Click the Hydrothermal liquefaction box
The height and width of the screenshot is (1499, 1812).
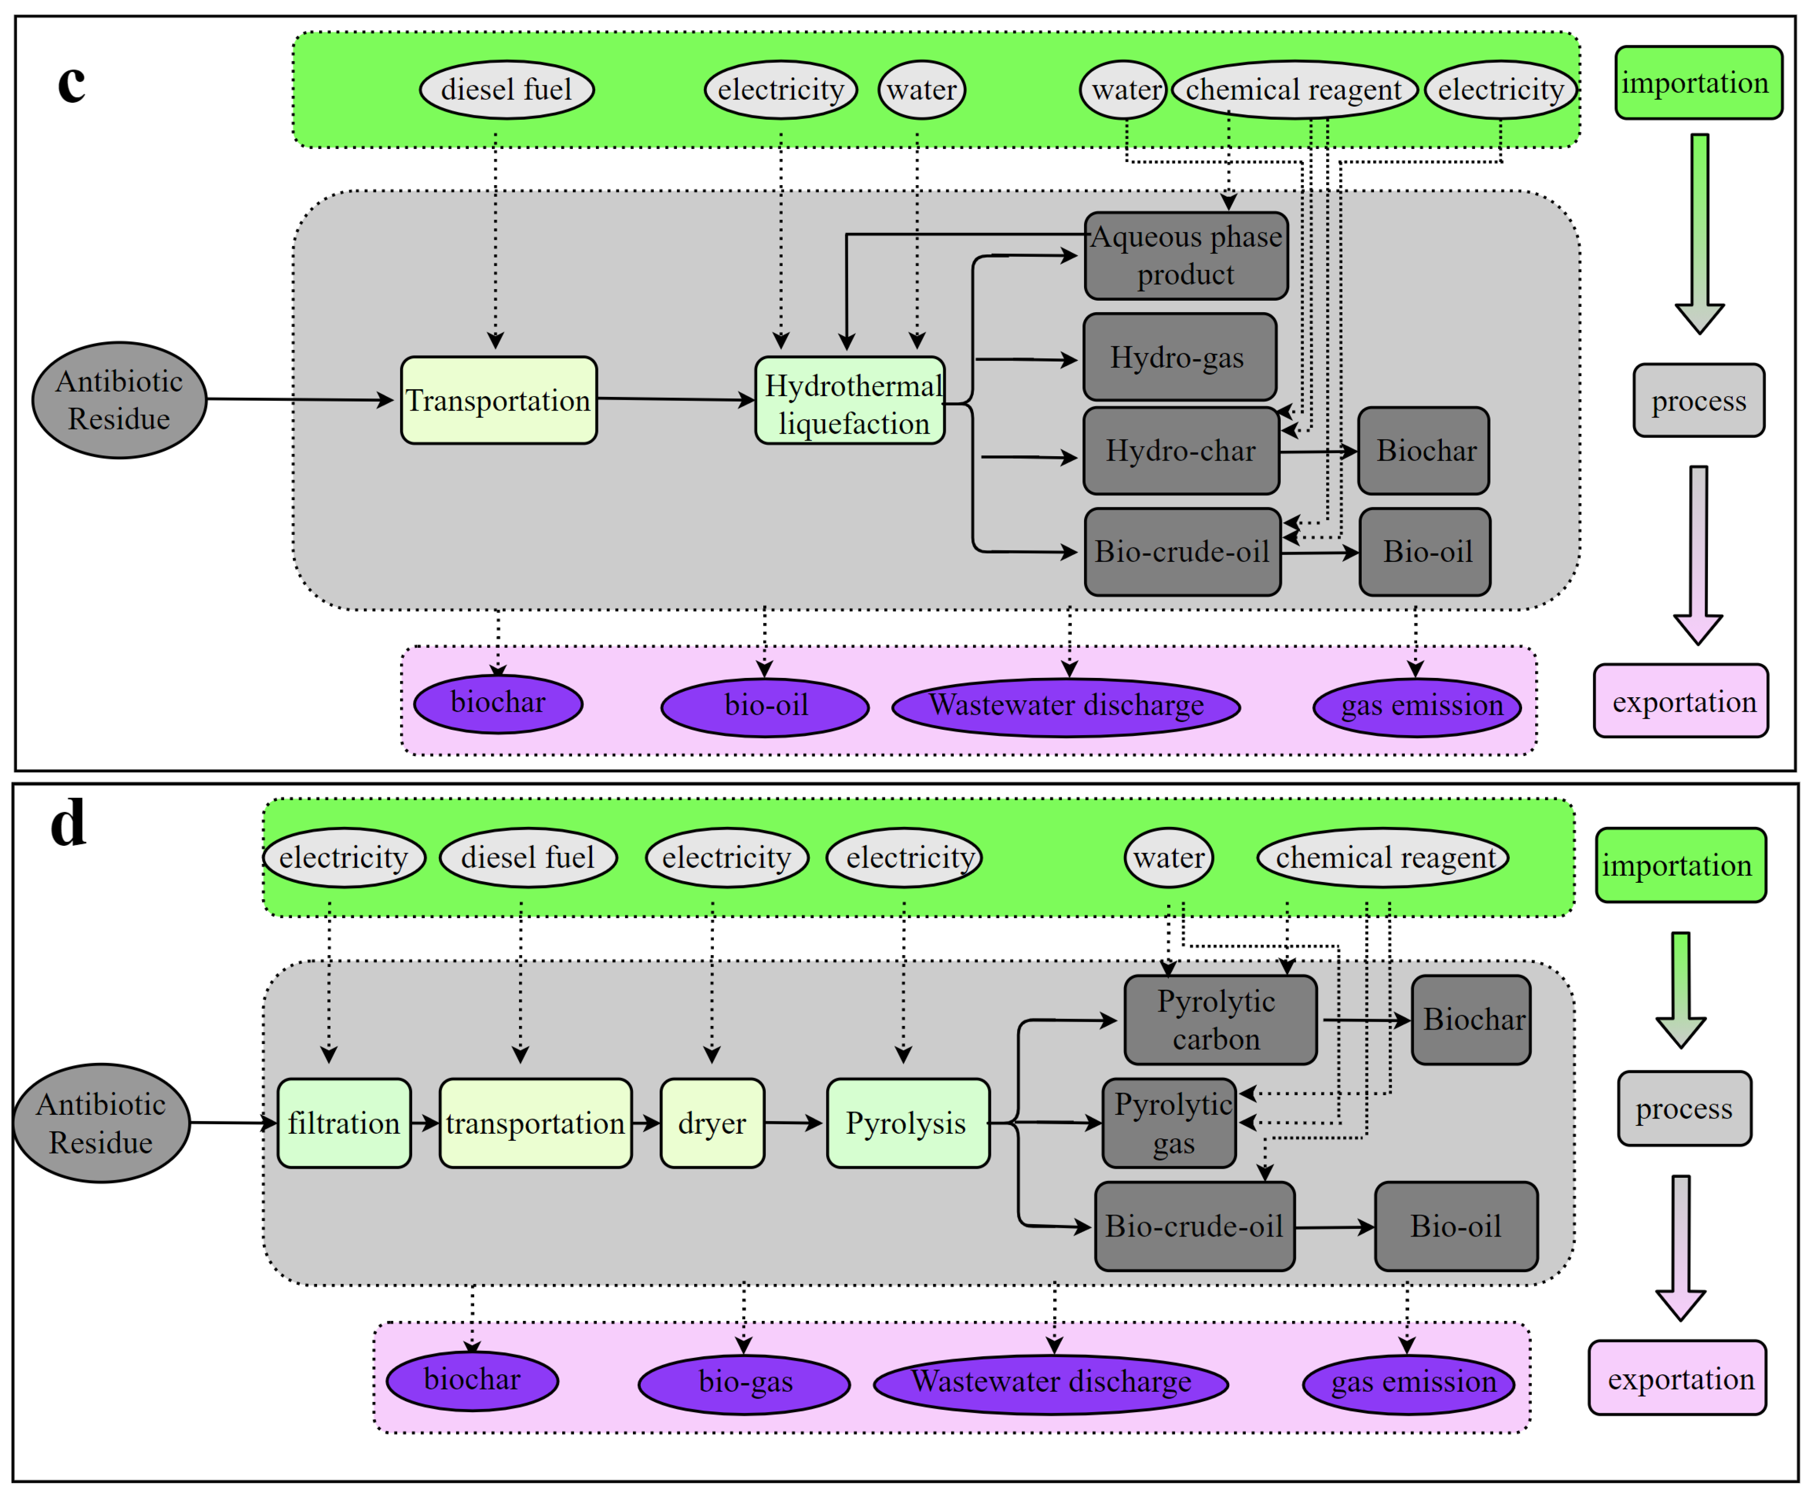(x=850, y=400)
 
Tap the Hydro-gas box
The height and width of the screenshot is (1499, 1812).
(x=1179, y=357)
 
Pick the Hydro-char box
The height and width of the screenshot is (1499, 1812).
(x=1181, y=450)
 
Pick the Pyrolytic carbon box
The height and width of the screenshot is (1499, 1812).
(x=1220, y=1020)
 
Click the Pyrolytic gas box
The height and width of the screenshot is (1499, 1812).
(x=1170, y=1123)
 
